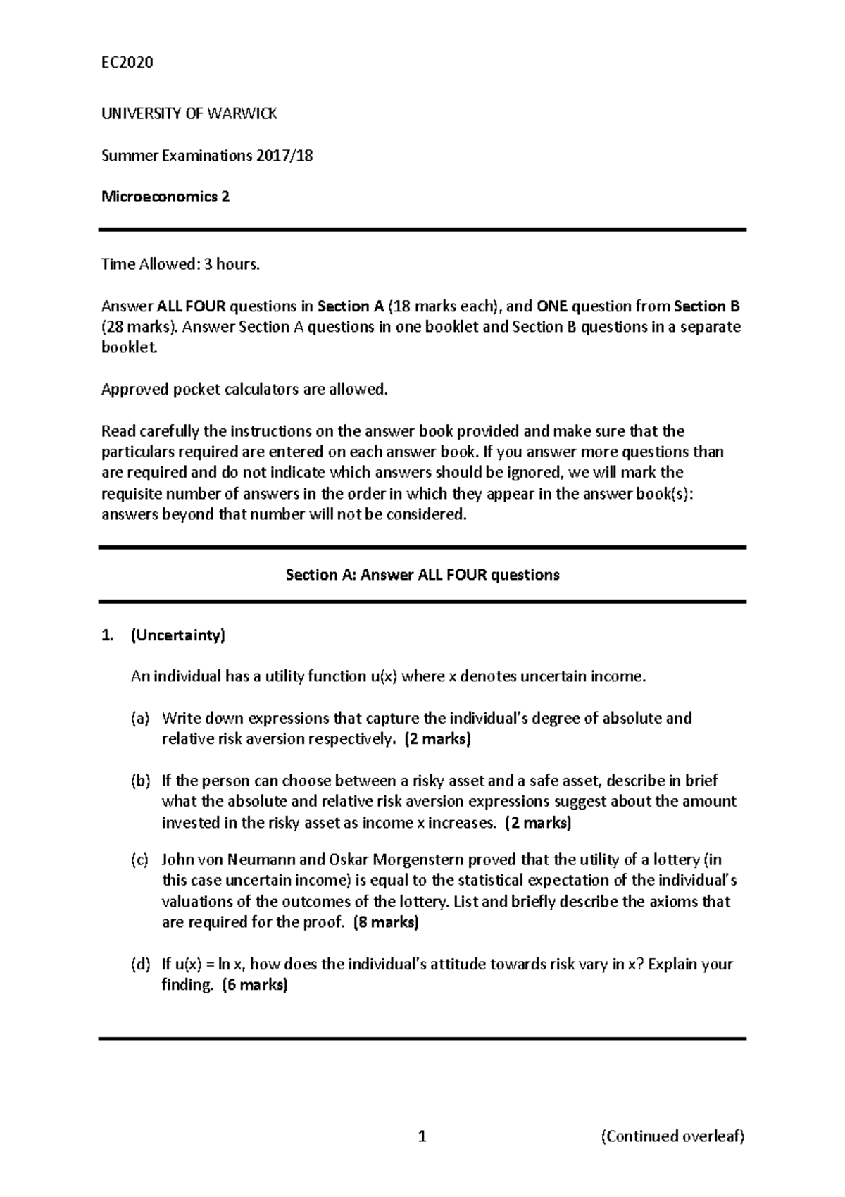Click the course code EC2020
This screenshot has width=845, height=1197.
tap(127, 63)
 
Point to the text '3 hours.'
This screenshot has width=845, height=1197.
tap(232, 264)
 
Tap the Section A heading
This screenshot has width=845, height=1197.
tap(422, 575)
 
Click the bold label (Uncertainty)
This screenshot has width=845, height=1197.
tap(178, 635)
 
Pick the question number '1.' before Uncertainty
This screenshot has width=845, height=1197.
tap(106, 635)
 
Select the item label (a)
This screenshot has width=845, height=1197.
tap(140, 719)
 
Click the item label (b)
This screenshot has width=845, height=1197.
tap(140, 781)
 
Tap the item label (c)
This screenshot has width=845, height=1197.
tap(139, 860)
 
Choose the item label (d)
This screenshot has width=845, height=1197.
tap(140, 964)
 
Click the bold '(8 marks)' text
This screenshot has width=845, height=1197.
tap(385, 922)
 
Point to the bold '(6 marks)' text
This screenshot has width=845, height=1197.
tap(255, 985)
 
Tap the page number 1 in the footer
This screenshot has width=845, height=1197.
tap(422, 1136)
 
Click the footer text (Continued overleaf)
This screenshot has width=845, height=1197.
tap(672, 1136)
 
